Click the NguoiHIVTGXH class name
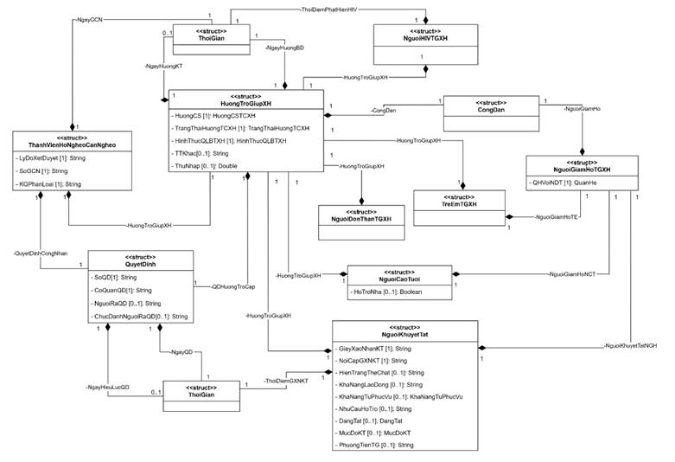point(423,38)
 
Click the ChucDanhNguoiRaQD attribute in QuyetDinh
point(141,318)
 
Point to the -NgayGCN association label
point(89,17)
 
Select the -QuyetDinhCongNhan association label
point(40,254)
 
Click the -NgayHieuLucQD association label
point(108,387)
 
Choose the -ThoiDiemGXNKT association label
point(285,381)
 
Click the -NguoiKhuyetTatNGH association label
point(631,345)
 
